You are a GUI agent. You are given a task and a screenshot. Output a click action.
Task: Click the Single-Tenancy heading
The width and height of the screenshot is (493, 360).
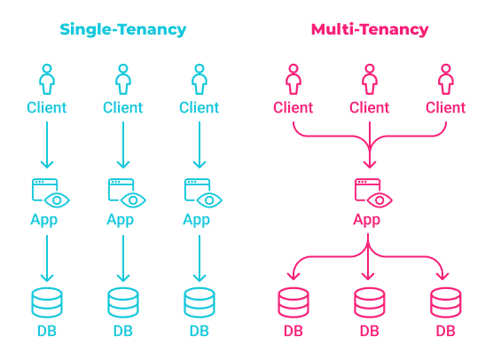coord(123,29)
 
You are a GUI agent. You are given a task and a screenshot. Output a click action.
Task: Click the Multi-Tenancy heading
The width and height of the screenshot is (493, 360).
coord(370,29)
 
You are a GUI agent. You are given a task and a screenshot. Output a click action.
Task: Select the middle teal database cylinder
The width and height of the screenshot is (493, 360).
coord(123,302)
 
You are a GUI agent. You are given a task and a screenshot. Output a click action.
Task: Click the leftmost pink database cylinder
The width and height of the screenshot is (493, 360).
coord(293,302)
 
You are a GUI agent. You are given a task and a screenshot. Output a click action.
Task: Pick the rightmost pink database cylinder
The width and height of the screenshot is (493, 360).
coord(445,302)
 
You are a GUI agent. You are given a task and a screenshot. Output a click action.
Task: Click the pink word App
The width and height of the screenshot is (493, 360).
coord(370,220)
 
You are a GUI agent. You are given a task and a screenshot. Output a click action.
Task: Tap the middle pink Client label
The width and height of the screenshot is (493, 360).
coord(370,108)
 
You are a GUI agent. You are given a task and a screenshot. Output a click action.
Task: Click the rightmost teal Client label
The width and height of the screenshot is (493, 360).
coord(200,108)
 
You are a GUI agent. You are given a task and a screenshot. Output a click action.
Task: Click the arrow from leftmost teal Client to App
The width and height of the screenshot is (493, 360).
coord(47,145)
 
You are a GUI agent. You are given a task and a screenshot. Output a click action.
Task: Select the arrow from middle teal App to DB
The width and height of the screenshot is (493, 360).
coord(123,257)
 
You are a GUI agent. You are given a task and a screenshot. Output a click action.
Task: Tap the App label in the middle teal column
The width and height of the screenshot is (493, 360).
coord(123,220)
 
